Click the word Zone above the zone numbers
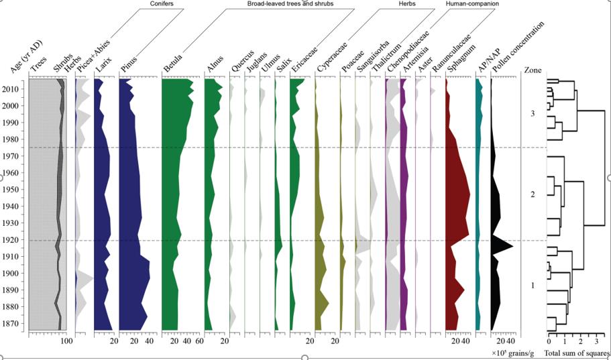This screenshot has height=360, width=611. point(533,69)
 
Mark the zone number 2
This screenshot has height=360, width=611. point(532,194)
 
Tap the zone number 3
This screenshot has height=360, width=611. point(532,114)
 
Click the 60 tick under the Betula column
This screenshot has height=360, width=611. point(199,342)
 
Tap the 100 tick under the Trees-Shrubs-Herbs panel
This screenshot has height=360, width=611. point(66,342)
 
